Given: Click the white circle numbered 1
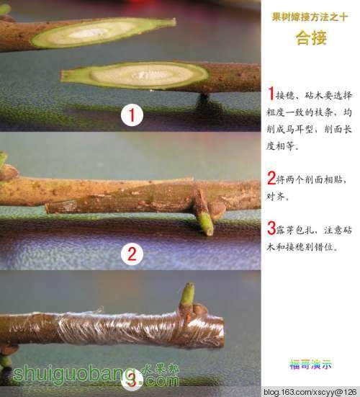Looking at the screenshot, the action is (x=132, y=115).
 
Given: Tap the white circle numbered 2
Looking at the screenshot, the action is (x=132, y=254).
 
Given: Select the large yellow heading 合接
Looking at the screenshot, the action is (x=311, y=38).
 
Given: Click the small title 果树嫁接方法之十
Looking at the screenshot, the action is (x=310, y=17).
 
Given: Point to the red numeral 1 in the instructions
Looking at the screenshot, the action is (x=271, y=93).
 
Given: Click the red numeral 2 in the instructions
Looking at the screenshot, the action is (x=271, y=178).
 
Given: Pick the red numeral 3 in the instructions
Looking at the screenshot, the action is (x=271, y=228).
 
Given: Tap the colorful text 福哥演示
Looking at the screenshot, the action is (x=310, y=365).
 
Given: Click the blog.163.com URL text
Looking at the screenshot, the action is (x=311, y=392).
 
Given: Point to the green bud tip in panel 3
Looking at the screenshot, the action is (x=188, y=294).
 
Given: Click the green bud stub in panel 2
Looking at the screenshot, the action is (x=205, y=224).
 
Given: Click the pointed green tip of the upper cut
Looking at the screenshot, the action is (x=175, y=22).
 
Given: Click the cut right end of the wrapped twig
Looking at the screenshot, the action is (x=222, y=331).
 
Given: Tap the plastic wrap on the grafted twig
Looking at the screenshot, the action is (x=127, y=329).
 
